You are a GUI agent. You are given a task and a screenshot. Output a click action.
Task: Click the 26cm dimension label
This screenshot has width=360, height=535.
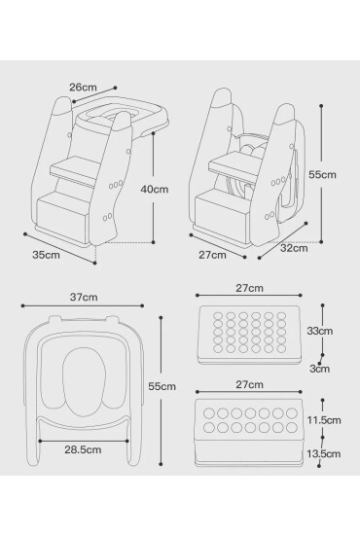click(83, 88)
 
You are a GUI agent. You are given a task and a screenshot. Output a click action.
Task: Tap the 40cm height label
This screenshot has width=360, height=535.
click(155, 189)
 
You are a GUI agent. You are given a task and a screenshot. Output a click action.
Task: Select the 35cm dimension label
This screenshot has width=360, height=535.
click(46, 255)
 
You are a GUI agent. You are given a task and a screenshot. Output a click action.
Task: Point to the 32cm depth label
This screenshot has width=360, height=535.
click(294, 248)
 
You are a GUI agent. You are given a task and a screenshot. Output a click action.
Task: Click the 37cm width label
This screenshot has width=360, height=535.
click(84, 298)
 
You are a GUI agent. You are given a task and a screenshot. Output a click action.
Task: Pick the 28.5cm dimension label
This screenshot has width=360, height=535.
click(83, 449)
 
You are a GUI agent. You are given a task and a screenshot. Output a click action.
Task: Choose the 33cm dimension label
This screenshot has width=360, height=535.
click(320, 331)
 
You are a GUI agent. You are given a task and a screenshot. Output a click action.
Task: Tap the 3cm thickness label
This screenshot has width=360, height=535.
click(320, 369)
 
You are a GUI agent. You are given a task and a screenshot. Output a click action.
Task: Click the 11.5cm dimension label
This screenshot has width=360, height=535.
click(324, 420)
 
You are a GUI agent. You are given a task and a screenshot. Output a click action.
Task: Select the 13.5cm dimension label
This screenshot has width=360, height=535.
click(323, 454)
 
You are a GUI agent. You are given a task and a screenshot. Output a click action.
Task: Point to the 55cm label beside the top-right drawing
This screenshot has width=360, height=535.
click(322, 175)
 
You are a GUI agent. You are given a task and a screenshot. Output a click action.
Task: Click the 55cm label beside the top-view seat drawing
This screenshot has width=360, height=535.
click(162, 386)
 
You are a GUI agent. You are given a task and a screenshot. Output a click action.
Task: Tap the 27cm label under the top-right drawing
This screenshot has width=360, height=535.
click(212, 255)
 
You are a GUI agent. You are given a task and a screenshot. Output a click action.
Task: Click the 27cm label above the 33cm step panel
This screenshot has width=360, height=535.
click(249, 288)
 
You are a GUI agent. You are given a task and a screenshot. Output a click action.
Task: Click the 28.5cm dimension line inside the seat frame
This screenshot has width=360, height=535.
click(84, 441)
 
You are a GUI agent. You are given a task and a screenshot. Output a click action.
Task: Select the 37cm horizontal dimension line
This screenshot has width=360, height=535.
click(83, 305)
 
